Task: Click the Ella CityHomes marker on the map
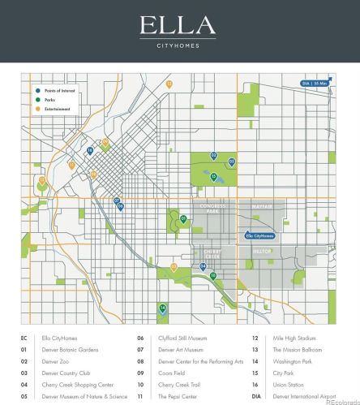(x=260, y=235)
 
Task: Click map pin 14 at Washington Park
(x=163, y=308)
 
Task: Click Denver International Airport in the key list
(x=304, y=396)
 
